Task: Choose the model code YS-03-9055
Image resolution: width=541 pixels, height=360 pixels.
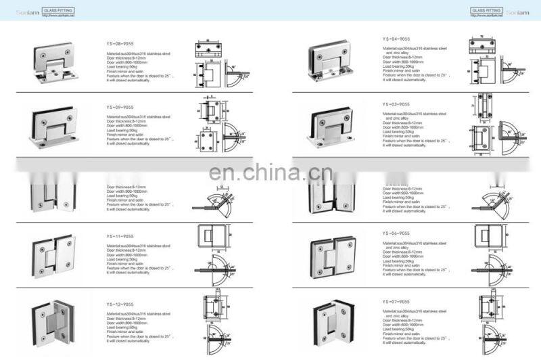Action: pos(396,104)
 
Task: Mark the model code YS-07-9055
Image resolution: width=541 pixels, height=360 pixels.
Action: pos(396,302)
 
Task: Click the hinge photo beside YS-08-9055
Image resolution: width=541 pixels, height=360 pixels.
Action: pos(55,62)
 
